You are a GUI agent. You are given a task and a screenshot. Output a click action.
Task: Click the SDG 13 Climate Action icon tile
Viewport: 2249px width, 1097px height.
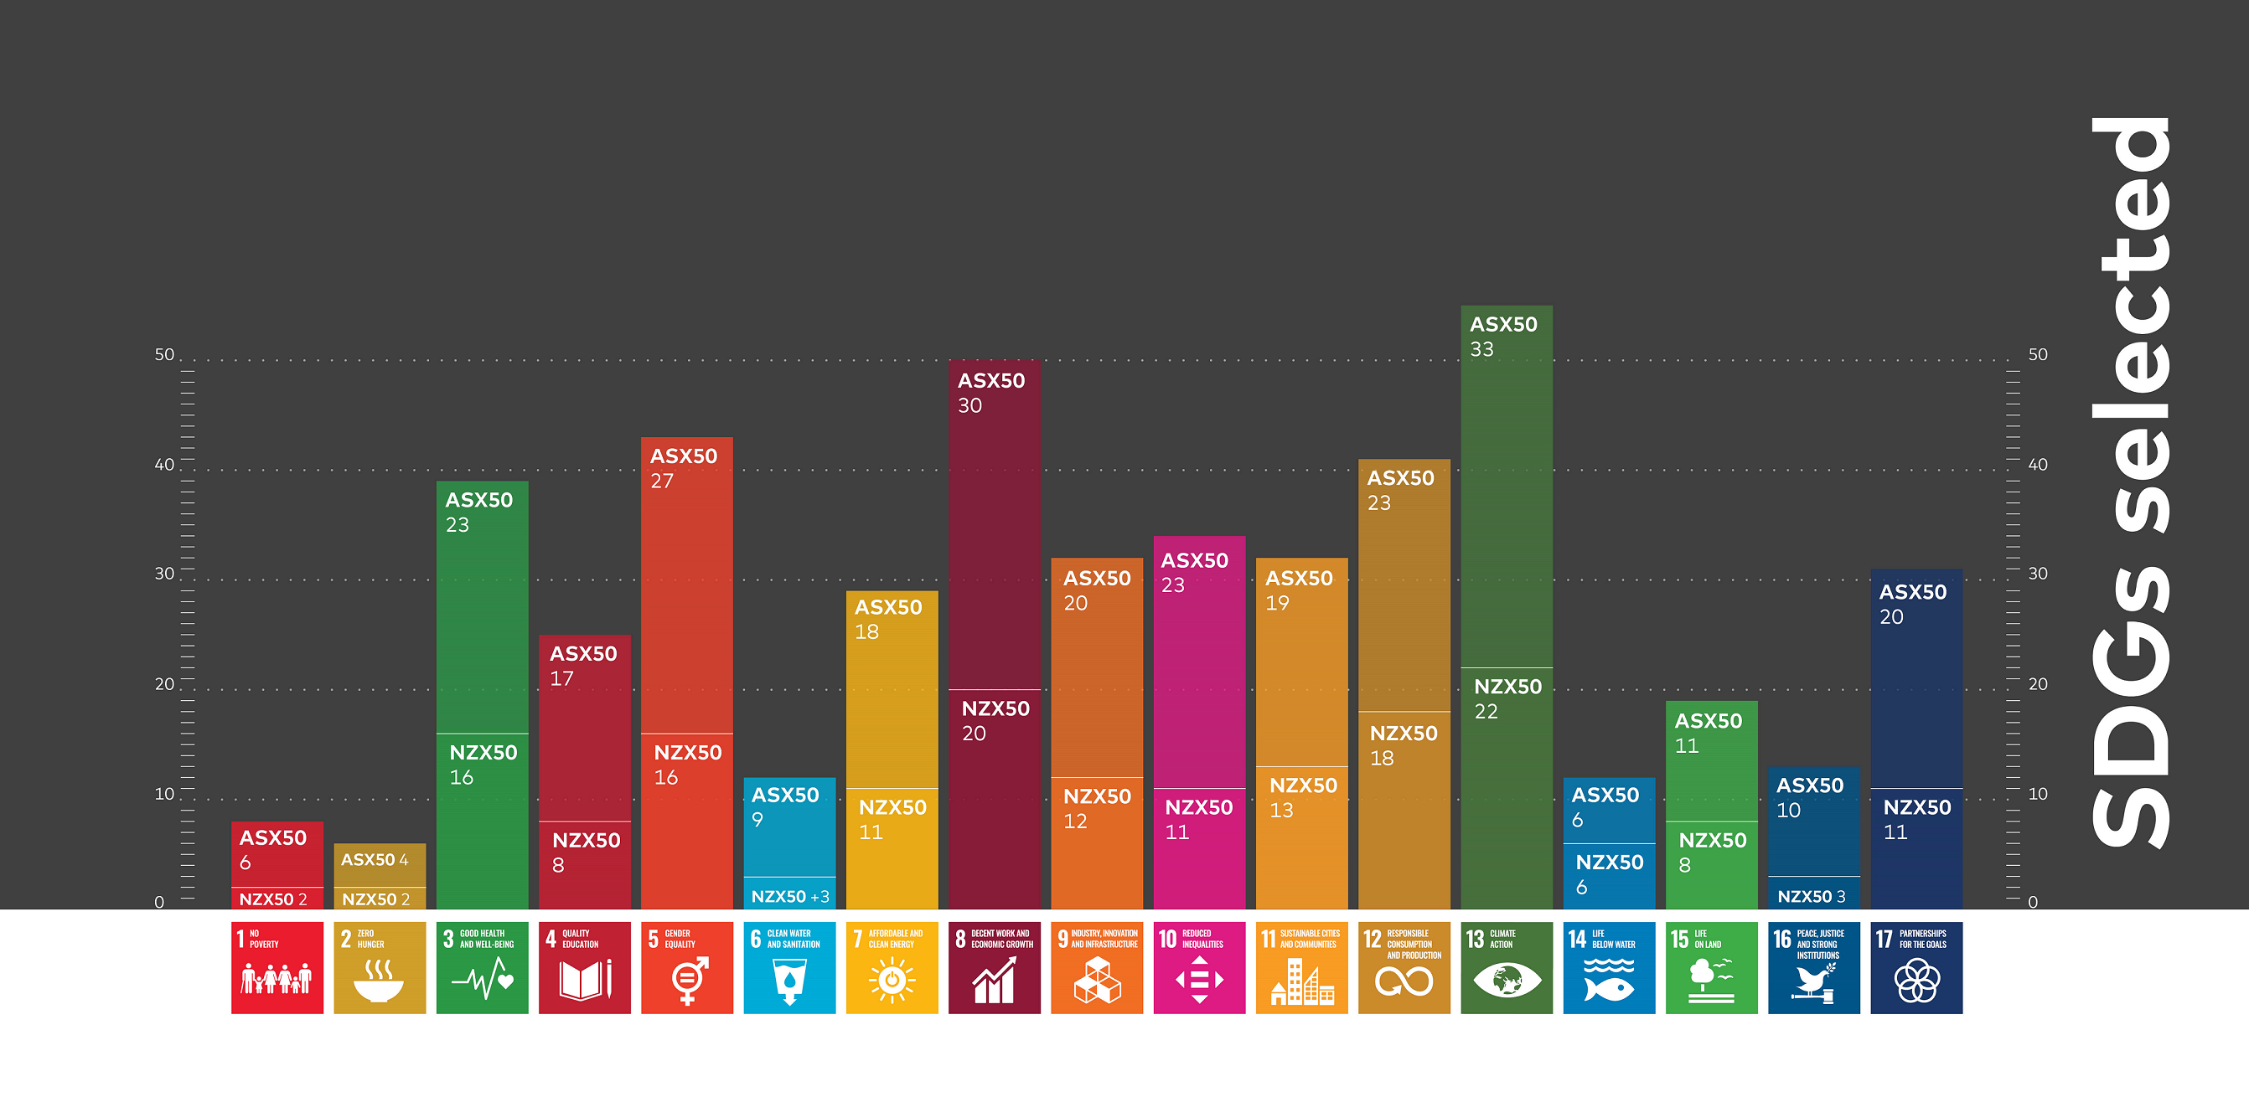(1506, 967)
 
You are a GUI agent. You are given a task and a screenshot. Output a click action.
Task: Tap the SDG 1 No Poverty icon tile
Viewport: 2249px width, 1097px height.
(277, 967)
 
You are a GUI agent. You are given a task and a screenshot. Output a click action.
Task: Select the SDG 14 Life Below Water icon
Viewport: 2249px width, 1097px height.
(1608, 967)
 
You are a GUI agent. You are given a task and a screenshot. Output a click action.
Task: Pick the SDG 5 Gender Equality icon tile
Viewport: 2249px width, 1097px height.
(686, 967)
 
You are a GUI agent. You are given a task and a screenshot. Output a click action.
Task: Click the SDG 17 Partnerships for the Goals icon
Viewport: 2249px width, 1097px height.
(1916, 967)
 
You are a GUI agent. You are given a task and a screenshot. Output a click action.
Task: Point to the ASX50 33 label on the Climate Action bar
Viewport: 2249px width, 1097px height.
(1502, 336)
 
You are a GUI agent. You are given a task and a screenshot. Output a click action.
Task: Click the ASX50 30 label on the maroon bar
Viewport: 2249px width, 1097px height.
(991, 393)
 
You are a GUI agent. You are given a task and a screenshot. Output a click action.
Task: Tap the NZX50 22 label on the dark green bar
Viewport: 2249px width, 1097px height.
(1507, 698)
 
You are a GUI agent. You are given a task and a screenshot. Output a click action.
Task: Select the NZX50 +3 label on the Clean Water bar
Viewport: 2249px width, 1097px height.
(790, 896)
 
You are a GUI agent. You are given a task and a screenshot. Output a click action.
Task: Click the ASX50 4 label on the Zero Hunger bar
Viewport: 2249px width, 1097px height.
(375, 860)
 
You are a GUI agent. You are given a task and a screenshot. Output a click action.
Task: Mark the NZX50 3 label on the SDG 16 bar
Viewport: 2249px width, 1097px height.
(1812, 896)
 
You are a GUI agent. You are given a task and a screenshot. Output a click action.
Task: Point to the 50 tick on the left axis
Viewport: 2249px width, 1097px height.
(164, 354)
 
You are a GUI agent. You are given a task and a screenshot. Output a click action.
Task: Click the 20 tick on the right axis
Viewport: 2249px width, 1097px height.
(2038, 683)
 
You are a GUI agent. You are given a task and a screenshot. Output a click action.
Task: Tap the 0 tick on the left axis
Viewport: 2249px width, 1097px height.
(159, 902)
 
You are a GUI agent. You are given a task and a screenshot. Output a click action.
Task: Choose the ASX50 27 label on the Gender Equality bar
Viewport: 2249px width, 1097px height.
(683, 468)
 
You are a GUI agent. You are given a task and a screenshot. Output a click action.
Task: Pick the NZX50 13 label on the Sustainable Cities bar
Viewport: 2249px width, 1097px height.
(1303, 796)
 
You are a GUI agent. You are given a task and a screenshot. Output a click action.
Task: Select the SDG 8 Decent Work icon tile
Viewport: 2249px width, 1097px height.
(994, 967)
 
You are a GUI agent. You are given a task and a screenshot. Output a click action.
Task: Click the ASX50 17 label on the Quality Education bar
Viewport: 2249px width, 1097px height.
(582, 665)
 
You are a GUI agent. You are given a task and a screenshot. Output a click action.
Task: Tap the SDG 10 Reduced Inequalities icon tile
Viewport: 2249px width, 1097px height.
(1199, 967)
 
